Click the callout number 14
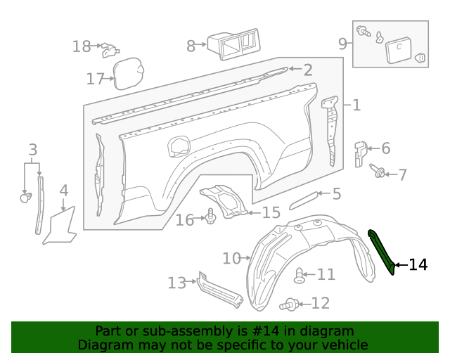pos(418,265)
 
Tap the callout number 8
pos(191,46)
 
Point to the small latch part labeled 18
pos(109,49)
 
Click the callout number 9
pos(343,44)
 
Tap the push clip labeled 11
pos(300,275)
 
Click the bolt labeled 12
pos(289,304)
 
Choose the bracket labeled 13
pos(218,289)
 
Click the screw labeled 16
pos(210,218)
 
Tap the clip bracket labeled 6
pos(359,153)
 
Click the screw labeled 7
pos(380,172)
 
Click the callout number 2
pos(307,70)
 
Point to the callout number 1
pos(356,105)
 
